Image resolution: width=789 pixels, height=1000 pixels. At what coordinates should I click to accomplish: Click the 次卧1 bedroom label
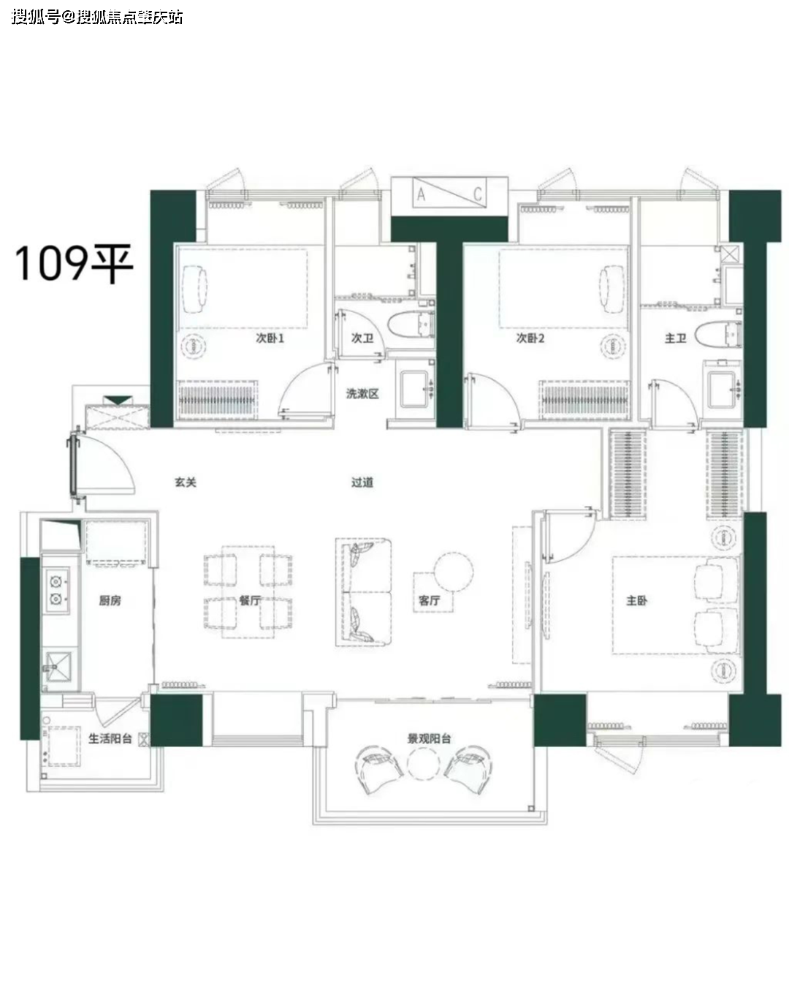270,338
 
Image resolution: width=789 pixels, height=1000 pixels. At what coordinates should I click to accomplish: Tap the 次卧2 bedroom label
530,338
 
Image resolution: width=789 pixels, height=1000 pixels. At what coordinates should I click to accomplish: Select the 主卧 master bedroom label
636,600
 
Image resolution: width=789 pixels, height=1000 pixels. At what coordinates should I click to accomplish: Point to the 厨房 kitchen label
110,600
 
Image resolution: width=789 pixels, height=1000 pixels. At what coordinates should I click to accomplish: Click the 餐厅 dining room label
249,600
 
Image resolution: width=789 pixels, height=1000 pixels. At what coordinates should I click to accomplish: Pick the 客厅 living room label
429,600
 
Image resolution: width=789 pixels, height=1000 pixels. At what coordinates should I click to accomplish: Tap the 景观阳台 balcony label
429,738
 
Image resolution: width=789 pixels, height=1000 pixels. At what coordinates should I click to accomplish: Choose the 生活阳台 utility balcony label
110,738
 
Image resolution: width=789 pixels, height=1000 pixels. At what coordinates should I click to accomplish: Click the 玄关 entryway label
186,482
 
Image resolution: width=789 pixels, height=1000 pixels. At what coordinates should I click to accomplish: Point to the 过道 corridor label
362,482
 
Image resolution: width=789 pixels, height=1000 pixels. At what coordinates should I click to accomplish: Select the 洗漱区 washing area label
362,393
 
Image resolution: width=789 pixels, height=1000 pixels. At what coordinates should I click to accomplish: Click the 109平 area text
75,262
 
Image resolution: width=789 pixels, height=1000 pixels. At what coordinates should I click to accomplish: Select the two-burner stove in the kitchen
56,590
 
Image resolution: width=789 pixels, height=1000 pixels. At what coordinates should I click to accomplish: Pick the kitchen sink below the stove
58,667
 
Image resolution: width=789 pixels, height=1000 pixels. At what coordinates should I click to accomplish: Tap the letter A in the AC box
422,194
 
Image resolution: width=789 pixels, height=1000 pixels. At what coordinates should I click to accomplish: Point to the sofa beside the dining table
363,592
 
